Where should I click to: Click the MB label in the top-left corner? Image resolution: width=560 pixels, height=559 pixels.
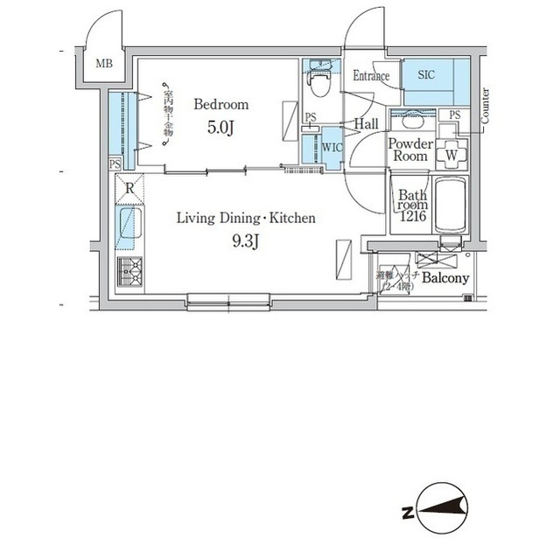(x=104, y=63)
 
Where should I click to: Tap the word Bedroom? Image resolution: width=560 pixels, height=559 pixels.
(x=221, y=104)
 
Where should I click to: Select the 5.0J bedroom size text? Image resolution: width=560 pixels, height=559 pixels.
(x=221, y=128)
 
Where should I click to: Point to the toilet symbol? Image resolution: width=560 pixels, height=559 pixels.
(x=320, y=84)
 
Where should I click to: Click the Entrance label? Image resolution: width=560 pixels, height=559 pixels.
(x=371, y=76)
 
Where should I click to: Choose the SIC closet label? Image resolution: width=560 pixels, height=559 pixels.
(x=426, y=74)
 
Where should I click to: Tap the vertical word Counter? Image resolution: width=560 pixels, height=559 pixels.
(x=485, y=105)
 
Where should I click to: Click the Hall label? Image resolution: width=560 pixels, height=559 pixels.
(x=366, y=125)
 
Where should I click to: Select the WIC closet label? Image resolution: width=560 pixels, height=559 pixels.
(x=332, y=146)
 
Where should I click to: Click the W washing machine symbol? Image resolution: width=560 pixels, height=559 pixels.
(x=451, y=155)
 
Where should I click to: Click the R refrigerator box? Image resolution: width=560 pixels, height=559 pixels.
(x=129, y=187)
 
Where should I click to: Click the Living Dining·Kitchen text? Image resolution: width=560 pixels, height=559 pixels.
(x=246, y=218)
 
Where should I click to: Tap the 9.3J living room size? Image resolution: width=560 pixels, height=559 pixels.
(x=246, y=242)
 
